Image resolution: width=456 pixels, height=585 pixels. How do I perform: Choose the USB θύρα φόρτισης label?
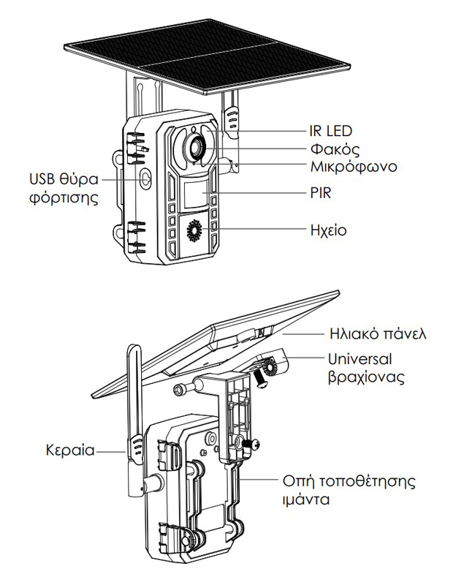pos(64,187)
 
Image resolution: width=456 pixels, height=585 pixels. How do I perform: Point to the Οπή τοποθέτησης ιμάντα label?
pos(349,491)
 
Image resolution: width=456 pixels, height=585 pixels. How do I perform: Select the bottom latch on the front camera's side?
pos(135,234)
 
